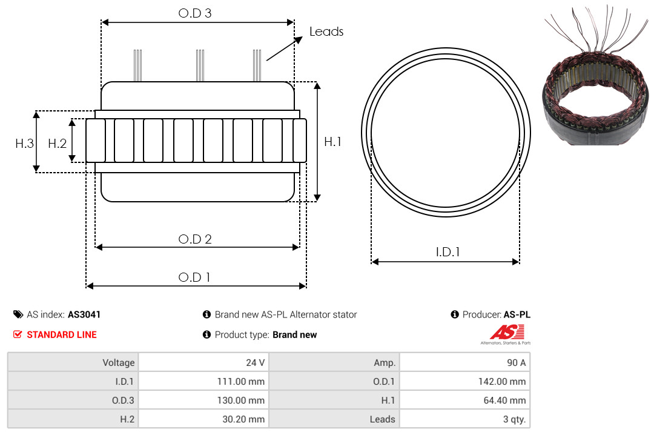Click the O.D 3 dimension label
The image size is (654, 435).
(195, 13)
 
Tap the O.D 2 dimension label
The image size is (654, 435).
(195, 239)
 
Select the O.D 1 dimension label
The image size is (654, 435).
(194, 277)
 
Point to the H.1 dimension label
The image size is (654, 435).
(333, 142)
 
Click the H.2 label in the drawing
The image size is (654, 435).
(57, 144)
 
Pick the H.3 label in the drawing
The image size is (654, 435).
(24, 144)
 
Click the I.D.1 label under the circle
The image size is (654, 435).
(448, 252)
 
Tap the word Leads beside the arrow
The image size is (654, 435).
(326, 32)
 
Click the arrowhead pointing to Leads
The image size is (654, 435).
(298, 40)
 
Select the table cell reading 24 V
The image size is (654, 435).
(203, 362)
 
